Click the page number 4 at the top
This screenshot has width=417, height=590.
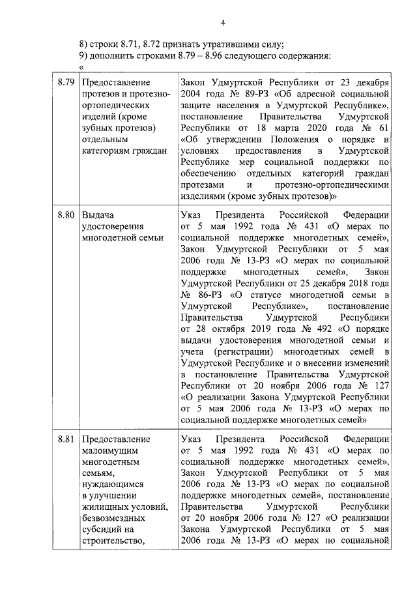(x=222, y=25)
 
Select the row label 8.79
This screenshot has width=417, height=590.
(x=66, y=83)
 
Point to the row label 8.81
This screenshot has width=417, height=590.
(x=66, y=439)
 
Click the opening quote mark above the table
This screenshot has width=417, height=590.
(x=81, y=67)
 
